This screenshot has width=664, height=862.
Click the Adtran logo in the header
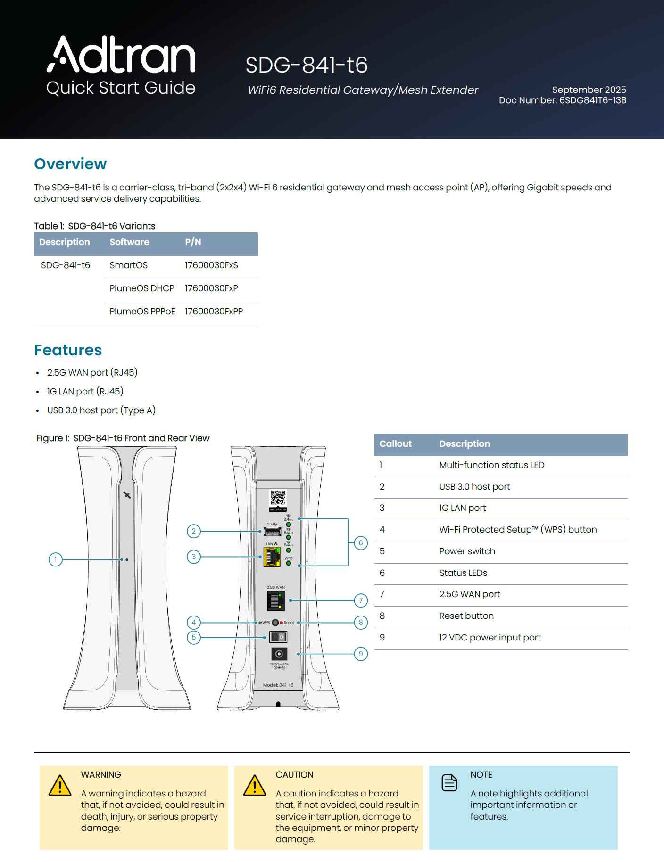point(121,55)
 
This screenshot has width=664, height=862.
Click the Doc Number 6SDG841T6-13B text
point(562,100)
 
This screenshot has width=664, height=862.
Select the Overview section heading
point(70,164)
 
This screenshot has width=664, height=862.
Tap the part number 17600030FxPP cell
point(214,312)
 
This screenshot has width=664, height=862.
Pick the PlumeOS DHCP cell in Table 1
point(142,288)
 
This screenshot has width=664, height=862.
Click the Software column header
point(129,242)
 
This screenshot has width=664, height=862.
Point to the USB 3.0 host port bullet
point(101,410)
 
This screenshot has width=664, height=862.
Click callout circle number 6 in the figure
point(361,543)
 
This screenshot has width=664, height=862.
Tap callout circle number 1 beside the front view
point(56,559)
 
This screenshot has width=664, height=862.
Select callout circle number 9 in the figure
point(361,654)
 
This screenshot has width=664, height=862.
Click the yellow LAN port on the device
point(272,557)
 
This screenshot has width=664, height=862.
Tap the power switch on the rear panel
point(278,637)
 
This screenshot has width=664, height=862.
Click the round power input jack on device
point(279,654)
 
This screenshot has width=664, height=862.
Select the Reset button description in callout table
point(466,616)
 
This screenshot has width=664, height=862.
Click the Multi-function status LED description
point(491,465)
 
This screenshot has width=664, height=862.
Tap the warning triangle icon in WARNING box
point(60,786)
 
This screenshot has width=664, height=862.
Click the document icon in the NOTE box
point(449,783)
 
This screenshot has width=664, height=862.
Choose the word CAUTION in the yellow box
point(294,775)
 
